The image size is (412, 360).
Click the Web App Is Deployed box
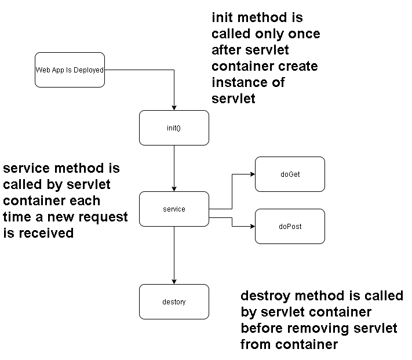tap(70, 70)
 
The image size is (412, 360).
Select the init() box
tap(174, 128)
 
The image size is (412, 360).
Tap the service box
tap(174, 209)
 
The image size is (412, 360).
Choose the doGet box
tap(290, 174)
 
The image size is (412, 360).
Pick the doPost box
tap(290, 226)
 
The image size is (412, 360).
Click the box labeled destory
tap(174, 301)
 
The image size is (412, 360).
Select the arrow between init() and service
tap(174, 168)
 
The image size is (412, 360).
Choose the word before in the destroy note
tap(261, 329)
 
